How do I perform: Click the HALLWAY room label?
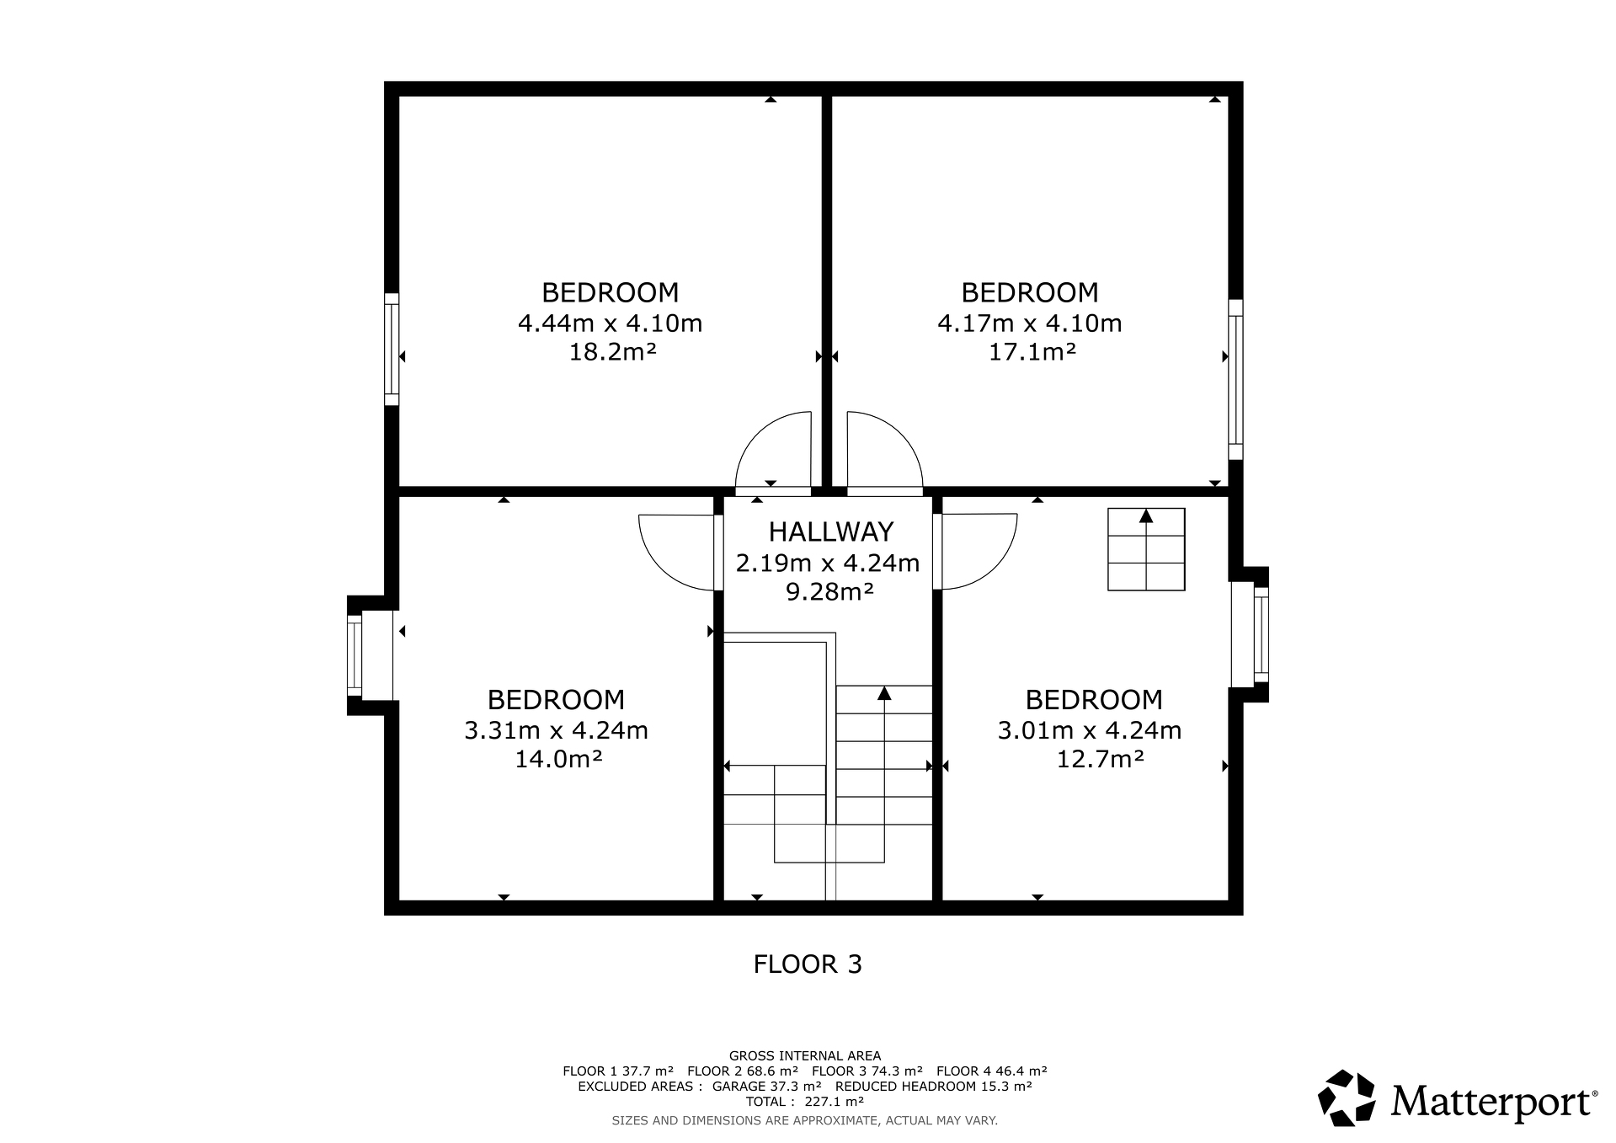coord(830,531)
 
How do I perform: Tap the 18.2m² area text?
coord(612,351)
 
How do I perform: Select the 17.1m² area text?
coord(1032,351)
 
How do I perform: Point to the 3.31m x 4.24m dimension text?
coord(556,730)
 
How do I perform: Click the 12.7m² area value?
coord(1100,760)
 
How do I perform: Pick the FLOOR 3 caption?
coord(808,964)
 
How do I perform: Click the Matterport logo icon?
coord(1347,1098)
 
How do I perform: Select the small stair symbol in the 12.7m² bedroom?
coord(1146,549)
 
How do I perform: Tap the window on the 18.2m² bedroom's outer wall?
coord(392,349)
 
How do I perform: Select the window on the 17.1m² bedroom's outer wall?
coord(1235,379)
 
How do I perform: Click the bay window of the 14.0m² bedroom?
coord(355,656)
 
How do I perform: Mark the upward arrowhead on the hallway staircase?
coord(884,693)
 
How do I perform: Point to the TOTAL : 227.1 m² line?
coord(805,1102)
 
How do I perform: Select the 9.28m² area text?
coord(829,592)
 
